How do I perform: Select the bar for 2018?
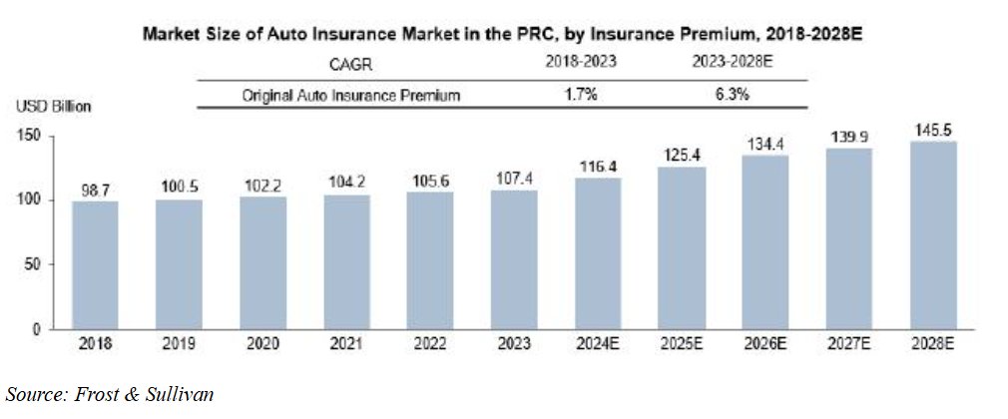click(x=97, y=264)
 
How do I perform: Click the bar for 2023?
click(x=515, y=259)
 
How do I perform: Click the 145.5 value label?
click(x=933, y=130)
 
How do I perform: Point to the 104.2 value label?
click(x=347, y=183)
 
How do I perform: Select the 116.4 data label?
click(x=599, y=166)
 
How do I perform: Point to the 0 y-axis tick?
click(x=40, y=328)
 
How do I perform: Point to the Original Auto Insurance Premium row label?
click(x=352, y=96)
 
